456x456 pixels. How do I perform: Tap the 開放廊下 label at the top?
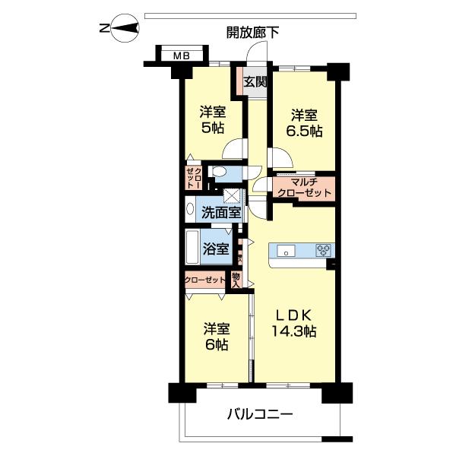[252, 32]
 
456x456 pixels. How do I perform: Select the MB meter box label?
[180, 55]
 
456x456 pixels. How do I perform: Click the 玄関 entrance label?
[255, 81]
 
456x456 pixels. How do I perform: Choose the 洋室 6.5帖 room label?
[305, 123]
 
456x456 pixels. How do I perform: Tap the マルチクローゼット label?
[305, 188]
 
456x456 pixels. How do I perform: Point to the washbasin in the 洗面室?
[190, 208]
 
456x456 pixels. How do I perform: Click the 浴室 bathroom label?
[216, 249]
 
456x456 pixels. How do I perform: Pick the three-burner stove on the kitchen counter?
[324, 250]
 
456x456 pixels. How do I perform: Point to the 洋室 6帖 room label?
[216, 337]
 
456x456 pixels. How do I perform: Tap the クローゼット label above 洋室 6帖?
[205, 280]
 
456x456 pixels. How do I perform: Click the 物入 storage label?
[236, 280]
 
